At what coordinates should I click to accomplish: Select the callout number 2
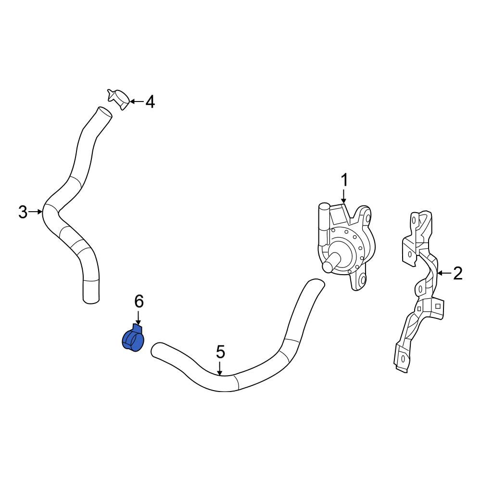(x=457, y=273)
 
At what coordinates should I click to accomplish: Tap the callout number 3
(x=23, y=212)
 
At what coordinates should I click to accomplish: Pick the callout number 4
(x=150, y=102)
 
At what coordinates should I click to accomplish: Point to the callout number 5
(x=221, y=352)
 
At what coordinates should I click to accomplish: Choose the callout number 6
(x=139, y=302)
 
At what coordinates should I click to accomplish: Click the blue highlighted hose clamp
(x=133, y=338)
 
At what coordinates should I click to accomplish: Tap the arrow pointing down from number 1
(x=344, y=196)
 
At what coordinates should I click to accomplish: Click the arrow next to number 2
(x=443, y=273)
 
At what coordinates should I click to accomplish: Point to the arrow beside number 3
(x=36, y=212)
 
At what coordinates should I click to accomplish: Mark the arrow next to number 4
(x=137, y=101)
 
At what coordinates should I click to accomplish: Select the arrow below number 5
(x=220, y=368)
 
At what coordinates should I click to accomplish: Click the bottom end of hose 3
(x=91, y=300)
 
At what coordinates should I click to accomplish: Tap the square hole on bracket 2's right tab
(x=438, y=306)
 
